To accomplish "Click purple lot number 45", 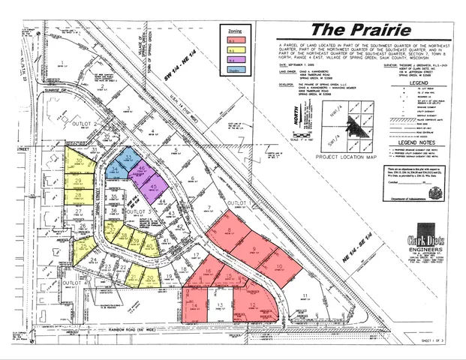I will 153,187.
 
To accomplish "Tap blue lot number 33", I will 128,157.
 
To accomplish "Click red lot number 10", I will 278,266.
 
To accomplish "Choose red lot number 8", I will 228,232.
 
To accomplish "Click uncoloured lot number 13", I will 221,304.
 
